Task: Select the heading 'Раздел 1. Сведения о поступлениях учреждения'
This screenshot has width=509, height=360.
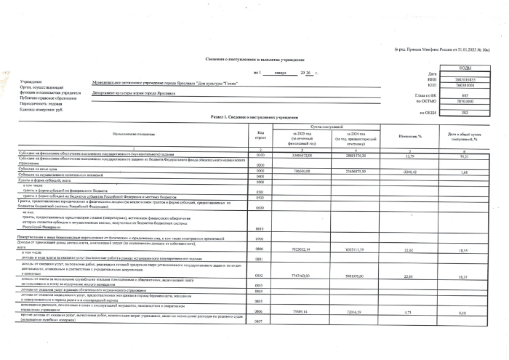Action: click(254, 117)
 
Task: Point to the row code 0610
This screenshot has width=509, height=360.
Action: click(260, 228)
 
